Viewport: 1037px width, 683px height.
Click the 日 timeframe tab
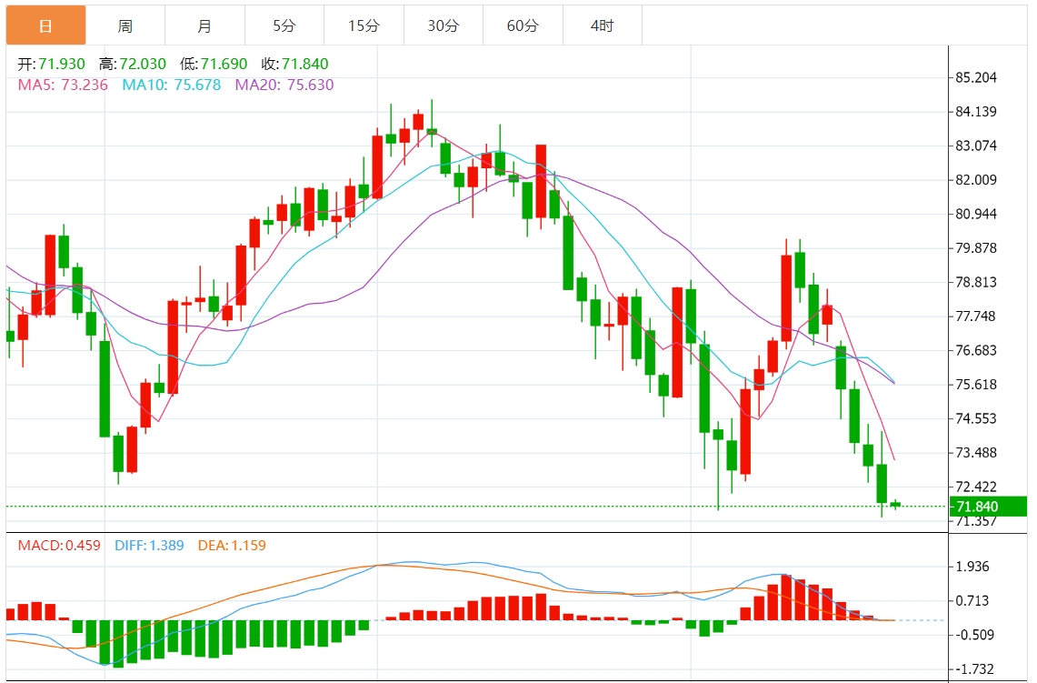[x=45, y=25]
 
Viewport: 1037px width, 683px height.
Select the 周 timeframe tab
[x=125, y=25]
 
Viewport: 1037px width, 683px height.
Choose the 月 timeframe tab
[x=204, y=25]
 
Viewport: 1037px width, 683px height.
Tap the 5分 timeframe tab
[x=284, y=25]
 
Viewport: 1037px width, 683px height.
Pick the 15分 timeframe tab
[x=364, y=25]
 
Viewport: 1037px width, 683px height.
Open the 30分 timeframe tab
[x=444, y=25]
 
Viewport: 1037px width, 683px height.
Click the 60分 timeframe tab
[x=523, y=25]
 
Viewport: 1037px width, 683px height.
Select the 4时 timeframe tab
[x=602, y=25]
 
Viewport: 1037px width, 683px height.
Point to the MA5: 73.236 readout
[x=63, y=85]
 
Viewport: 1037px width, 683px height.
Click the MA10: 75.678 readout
[x=172, y=85]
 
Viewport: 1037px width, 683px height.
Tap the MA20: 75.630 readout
[x=284, y=85]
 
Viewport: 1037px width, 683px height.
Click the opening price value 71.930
[x=62, y=64]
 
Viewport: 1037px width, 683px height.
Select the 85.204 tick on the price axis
[x=976, y=77]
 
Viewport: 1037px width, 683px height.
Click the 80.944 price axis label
[x=976, y=214]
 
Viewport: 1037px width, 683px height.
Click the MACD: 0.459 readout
[x=59, y=546]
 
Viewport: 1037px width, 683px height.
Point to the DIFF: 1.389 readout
[x=149, y=546]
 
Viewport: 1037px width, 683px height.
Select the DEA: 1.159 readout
[x=232, y=546]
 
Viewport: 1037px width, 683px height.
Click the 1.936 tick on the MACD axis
[x=972, y=567]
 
